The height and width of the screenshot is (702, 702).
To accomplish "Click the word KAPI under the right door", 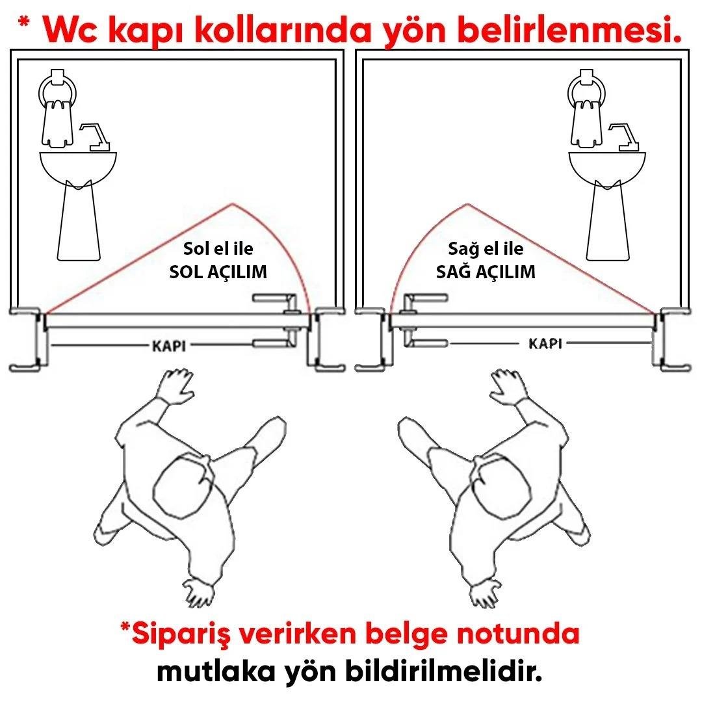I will (545, 343).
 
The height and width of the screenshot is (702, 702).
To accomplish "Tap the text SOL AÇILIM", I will (218, 272).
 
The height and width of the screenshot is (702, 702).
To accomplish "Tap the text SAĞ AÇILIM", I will (486, 272).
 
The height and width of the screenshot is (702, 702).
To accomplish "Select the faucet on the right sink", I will (623, 136).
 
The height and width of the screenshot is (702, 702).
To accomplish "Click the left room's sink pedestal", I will (79, 221).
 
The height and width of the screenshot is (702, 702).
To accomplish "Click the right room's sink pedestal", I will (610, 221).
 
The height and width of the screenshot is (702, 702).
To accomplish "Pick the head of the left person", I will (184, 484).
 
